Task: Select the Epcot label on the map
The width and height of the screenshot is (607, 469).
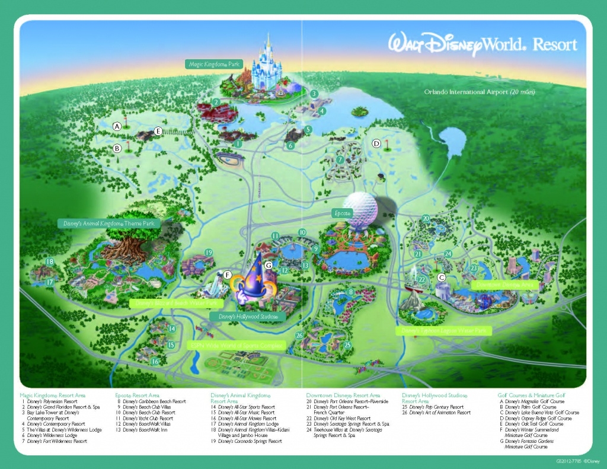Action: pyautogui.click(x=341, y=212)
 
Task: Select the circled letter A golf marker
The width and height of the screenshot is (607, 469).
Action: pyautogui.click(x=117, y=126)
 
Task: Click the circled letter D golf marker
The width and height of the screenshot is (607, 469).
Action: pyautogui.click(x=376, y=143)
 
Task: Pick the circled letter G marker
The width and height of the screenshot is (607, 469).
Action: pyautogui.click(x=269, y=265)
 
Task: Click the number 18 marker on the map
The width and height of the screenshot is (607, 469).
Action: pyautogui.click(x=50, y=262)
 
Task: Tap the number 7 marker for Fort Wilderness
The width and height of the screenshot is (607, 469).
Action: pyautogui.click(x=340, y=160)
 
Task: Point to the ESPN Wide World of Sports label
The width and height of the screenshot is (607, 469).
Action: pyautogui.click(x=236, y=344)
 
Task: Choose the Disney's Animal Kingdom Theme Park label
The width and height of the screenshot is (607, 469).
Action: pyautogui.click(x=108, y=224)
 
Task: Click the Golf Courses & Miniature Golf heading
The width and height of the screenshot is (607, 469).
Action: pyautogui.click(x=531, y=395)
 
